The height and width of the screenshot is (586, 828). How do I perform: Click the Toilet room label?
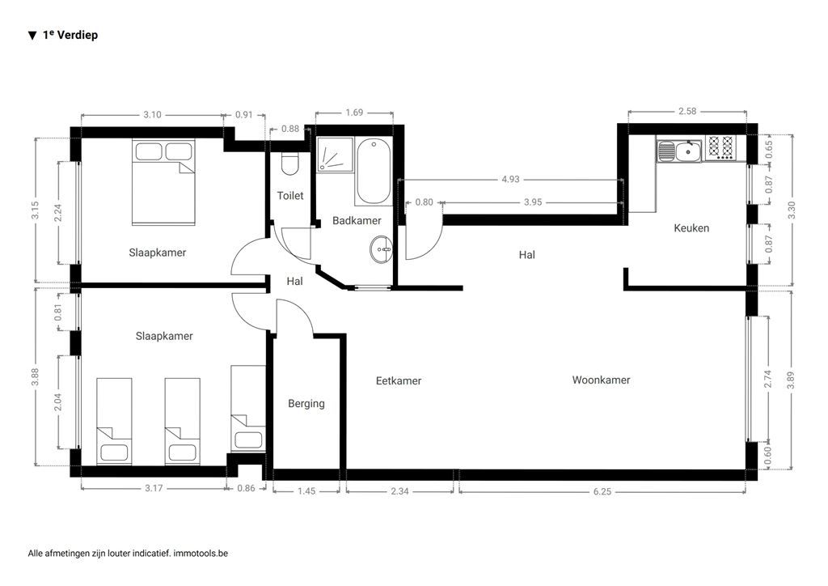290,196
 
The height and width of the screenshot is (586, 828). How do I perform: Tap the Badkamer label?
357,220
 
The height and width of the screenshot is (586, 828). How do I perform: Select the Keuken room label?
691,228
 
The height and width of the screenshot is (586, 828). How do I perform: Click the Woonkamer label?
601,380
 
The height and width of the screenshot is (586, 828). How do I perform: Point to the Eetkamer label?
399,380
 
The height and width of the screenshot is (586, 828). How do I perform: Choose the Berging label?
306,403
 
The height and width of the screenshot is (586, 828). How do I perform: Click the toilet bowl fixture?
289,164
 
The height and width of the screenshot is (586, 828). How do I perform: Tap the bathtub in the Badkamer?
373,172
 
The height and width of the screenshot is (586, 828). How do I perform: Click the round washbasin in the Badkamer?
381,250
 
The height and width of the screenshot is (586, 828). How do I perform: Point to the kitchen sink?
678,150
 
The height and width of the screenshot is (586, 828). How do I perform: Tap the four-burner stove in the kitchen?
720,147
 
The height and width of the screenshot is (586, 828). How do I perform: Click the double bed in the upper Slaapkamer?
164,183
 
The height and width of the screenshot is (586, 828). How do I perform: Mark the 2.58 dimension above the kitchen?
687,111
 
